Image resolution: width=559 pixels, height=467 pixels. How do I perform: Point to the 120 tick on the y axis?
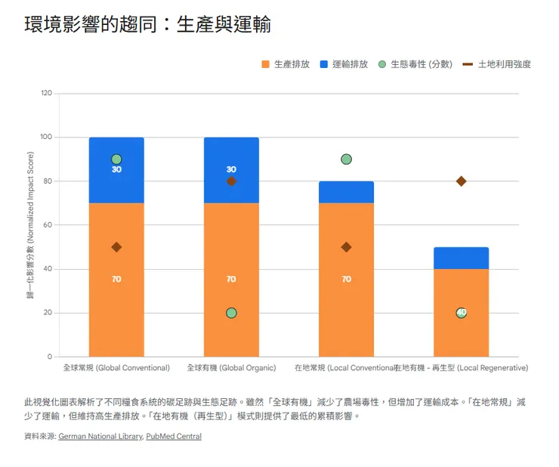[47, 94]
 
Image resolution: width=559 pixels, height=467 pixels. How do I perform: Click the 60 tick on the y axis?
[48, 225]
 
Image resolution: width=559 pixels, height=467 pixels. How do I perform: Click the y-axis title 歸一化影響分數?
[31, 225]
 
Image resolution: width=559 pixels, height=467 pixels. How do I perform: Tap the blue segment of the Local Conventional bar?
[346, 193]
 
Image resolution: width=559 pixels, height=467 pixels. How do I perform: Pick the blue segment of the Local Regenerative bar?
[461, 258]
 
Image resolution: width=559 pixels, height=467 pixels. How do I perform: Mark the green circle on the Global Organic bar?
[231, 313]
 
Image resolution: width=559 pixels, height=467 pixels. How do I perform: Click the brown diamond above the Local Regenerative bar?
[461, 181]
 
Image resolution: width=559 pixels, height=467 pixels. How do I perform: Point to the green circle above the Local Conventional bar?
[346, 159]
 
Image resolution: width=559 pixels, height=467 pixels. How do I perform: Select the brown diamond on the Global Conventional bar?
[116, 247]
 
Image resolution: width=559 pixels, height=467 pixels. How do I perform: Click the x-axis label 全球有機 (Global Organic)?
[231, 368]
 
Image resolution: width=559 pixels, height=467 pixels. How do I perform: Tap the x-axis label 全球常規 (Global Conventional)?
[116, 368]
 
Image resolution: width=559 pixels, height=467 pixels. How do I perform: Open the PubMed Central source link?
[174, 436]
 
